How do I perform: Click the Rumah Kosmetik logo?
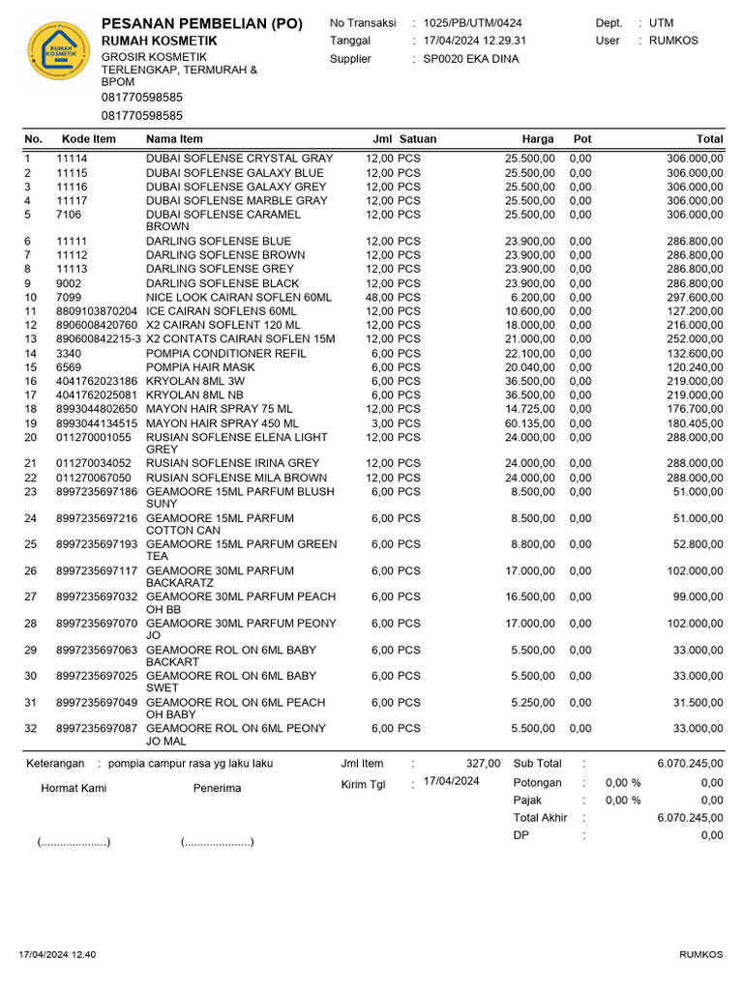coord(60,53)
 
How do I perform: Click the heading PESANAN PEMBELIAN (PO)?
coord(201,23)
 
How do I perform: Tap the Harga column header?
coord(538,139)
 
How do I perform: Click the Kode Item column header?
coord(88,139)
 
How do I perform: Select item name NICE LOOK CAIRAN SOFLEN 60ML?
coord(238,298)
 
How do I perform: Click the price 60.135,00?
coord(530,423)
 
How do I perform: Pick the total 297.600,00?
coord(695,298)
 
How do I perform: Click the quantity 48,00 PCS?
coord(393,298)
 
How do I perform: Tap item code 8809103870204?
coord(97,311)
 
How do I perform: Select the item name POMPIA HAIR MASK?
coord(200,367)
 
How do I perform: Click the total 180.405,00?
coord(695,423)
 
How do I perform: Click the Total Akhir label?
coord(540,818)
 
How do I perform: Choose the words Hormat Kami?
coord(74,789)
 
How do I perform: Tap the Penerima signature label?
coord(217,789)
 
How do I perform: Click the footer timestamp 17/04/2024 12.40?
coord(57,955)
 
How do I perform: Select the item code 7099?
coord(70,298)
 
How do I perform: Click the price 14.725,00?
coord(530,409)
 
